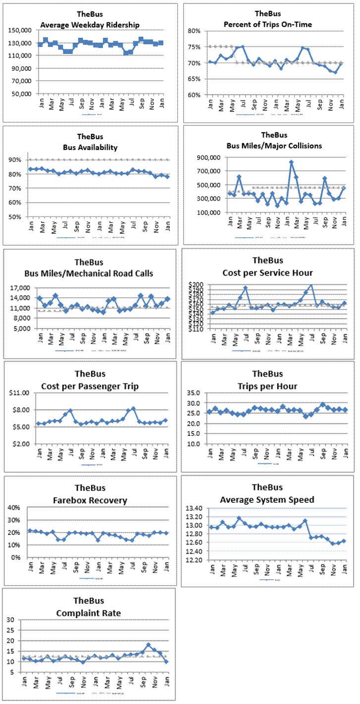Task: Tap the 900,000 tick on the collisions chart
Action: [x=208, y=158]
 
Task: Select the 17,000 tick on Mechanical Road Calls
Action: [x=21, y=288]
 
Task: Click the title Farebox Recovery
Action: [x=90, y=500]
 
